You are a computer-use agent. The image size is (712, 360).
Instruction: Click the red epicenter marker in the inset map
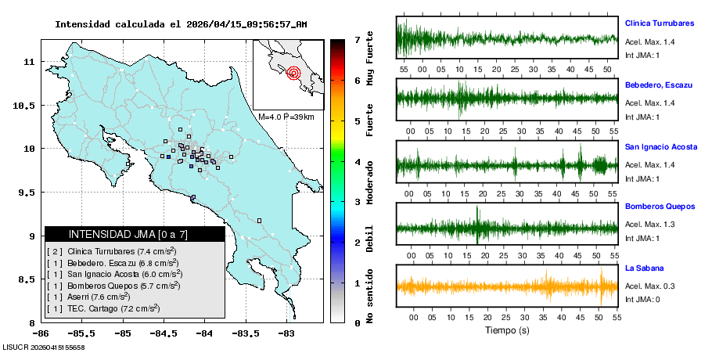coord(293,74)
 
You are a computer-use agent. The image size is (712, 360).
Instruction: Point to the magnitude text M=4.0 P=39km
coord(286,117)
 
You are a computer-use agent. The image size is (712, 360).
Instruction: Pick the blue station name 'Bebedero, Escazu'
coord(655,84)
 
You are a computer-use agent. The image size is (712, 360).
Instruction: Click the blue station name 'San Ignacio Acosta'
coord(660,146)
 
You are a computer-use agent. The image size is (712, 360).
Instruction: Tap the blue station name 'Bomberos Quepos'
coord(659,207)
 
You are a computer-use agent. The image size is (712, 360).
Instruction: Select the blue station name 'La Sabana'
coord(644,268)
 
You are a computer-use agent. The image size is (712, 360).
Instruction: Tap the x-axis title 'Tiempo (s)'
coord(507,331)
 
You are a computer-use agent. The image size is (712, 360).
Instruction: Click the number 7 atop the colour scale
coord(357,39)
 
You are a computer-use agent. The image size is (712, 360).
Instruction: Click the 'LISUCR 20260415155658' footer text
coord(44,347)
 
